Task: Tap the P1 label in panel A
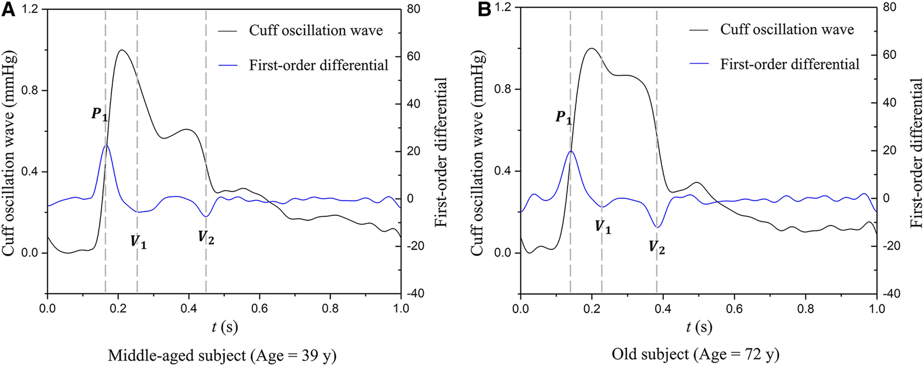coord(99,115)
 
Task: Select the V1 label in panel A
coord(138,242)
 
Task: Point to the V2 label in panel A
coord(206,238)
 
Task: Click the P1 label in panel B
coord(564,118)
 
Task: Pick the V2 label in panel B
coord(657,247)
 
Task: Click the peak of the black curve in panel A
coord(121,50)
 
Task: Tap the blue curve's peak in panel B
coord(571,151)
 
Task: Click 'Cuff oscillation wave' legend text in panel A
coord(316,31)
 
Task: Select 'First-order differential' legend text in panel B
coord(790,64)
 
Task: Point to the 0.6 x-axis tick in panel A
coord(259,309)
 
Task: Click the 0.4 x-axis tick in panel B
coord(663,309)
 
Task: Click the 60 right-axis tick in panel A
coord(413,56)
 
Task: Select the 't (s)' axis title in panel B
coord(699,327)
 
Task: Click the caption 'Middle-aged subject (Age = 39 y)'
coord(222,356)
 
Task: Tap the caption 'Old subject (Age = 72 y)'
coord(695,354)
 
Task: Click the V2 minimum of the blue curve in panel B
coord(657,227)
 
